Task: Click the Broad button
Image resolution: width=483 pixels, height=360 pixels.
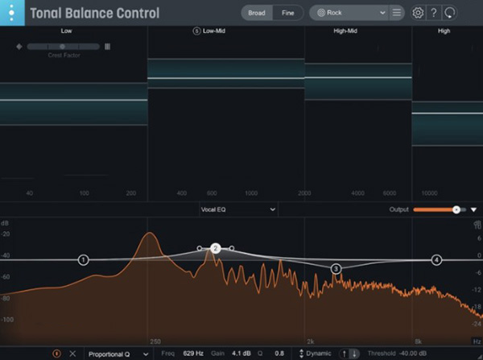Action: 257,13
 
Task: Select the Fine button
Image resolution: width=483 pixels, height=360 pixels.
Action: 287,13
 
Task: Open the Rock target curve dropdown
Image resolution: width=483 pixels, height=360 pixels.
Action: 351,13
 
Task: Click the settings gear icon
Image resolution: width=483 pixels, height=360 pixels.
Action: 418,13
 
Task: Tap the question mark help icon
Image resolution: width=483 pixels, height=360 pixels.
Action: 434,13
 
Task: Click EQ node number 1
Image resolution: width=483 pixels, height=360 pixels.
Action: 84,260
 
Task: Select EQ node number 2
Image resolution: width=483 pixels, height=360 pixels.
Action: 215,249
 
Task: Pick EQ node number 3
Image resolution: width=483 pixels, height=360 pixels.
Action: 336,268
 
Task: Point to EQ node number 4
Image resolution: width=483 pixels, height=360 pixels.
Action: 436,260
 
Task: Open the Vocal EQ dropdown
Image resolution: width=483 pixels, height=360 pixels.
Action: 238,209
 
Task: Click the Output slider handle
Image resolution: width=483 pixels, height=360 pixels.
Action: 456,209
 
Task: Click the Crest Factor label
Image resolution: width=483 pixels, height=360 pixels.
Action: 63,56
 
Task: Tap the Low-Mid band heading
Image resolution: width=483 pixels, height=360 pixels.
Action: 214,31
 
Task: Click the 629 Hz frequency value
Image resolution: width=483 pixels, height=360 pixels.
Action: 193,354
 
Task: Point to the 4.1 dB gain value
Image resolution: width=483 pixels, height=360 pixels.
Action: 242,354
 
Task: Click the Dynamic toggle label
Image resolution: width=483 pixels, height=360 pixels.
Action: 319,354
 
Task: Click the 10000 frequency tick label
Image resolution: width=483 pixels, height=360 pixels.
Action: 429,194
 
